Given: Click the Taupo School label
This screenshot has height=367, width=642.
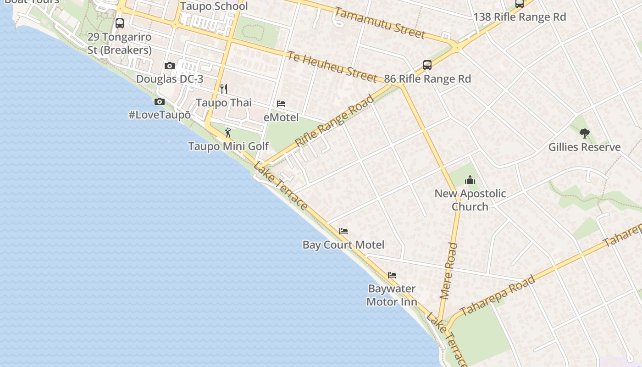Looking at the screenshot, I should coord(214,6).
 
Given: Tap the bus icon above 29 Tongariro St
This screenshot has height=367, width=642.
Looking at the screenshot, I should coord(120,23).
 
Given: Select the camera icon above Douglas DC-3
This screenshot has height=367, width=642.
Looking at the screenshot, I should coord(170,66).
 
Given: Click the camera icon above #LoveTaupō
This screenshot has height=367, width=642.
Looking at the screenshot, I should coord(160,101).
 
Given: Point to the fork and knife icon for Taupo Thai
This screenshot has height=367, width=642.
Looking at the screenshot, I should coord(224,89).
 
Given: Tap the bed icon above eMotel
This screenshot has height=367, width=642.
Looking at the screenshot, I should coord(281,104).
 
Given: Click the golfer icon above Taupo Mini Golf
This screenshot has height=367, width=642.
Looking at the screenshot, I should coord(228,133).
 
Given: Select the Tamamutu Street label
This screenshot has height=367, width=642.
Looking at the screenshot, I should coord(380,22).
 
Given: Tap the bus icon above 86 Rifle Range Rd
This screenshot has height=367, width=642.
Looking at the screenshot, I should coord(427,65).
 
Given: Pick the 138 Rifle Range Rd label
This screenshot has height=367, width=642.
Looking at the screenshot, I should coord(520,17).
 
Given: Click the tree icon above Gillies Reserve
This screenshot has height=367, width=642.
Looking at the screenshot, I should coord(584,133).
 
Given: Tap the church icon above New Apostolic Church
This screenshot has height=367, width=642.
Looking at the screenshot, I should coord(470,180).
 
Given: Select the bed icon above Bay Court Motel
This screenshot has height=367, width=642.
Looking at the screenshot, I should coord(343,231).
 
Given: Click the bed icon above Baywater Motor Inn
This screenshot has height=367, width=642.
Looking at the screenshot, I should coord(392,275).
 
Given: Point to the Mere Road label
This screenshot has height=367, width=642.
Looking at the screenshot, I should coord(448,271).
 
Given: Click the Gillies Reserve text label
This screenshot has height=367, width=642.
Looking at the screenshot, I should coord(584,147).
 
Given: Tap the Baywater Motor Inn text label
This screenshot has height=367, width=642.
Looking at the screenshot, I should coord(392,295).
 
